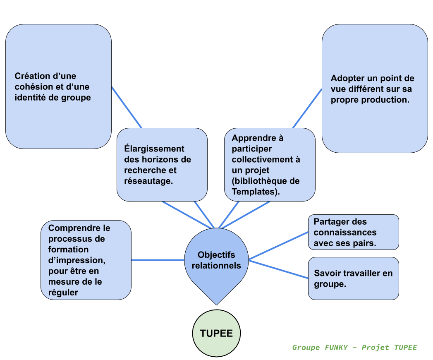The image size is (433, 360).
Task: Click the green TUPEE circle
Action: [x=216, y=333]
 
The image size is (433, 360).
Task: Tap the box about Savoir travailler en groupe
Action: [x=354, y=278]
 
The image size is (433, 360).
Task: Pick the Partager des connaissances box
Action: [x=354, y=232]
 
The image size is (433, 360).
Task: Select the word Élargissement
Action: [x=154, y=149]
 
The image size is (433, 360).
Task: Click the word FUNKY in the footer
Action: [x=336, y=347]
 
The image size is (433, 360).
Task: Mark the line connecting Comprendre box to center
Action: [x=158, y=260]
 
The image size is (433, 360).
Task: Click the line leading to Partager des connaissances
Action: [x=278, y=246]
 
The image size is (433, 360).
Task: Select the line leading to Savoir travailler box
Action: [x=278, y=269]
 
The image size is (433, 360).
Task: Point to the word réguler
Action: [x=63, y=293]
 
